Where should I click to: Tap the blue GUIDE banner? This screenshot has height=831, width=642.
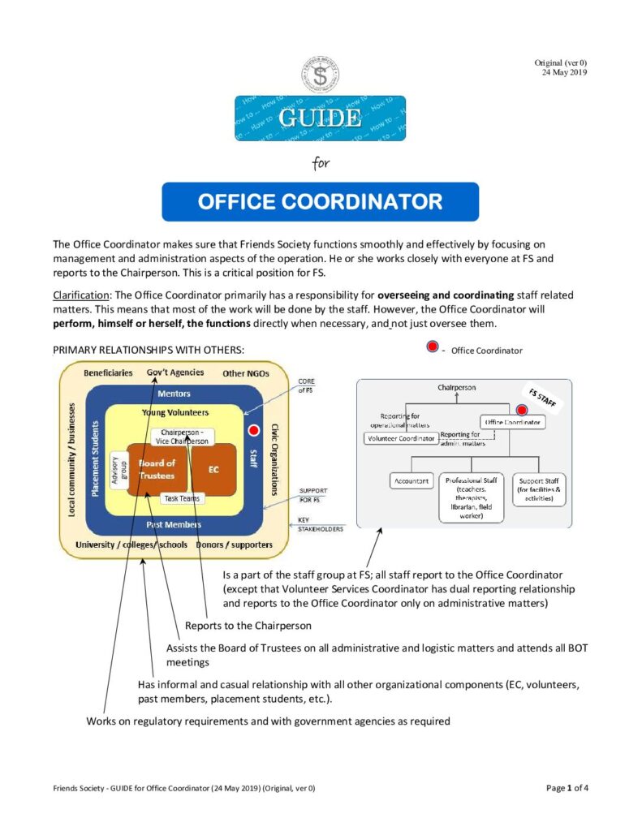click(x=320, y=118)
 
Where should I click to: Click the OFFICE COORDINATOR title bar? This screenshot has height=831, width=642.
click(x=320, y=201)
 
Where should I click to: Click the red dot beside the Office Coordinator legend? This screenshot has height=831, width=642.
click(x=433, y=348)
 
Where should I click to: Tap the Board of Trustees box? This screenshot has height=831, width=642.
click(x=157, y=469)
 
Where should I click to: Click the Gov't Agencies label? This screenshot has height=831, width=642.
click(x=175, y=372)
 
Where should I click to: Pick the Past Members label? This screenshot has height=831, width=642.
click(x=174, y=524)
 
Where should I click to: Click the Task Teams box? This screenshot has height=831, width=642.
click(x=182, y=498)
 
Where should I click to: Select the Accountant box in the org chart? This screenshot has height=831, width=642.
click(x=411, y=481)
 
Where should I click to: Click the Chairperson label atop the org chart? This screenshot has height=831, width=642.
click(x=457, y=388)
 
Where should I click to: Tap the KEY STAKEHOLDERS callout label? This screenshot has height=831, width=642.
click(x=320, y=524)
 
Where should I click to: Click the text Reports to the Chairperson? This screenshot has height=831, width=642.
click(x=248, y=626)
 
